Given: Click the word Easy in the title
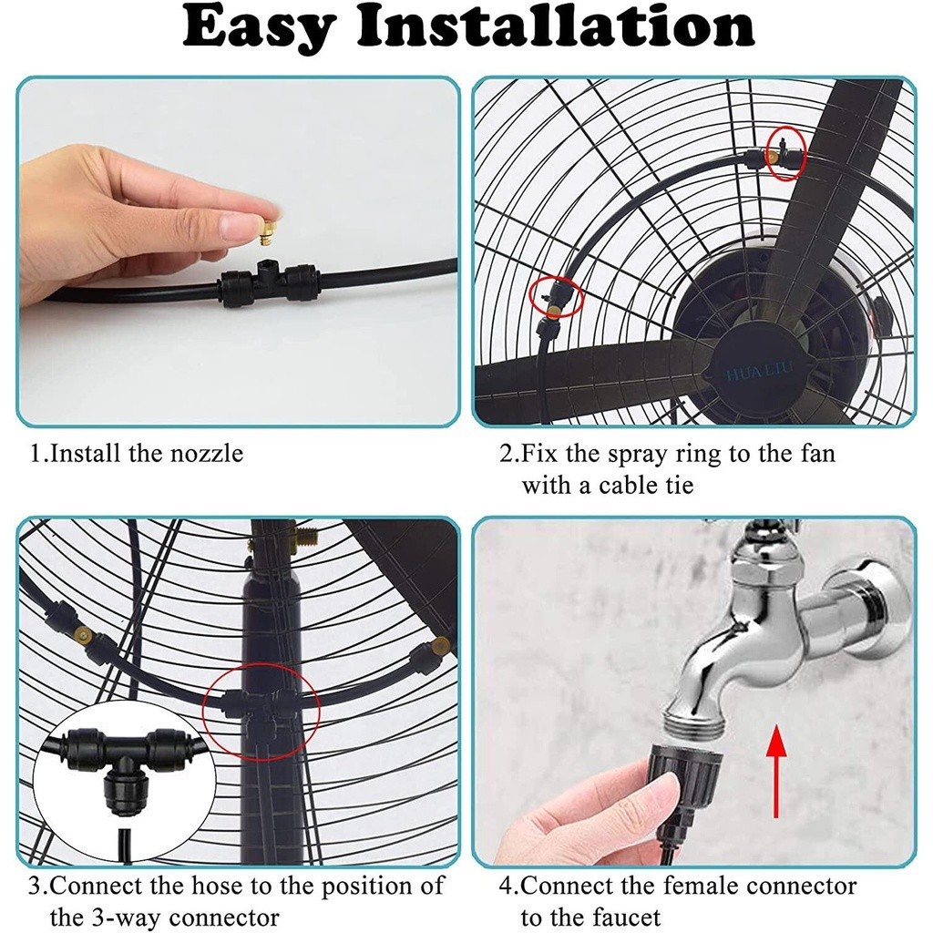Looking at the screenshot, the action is (257, 28).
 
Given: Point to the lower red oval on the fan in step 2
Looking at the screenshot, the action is (556, 296).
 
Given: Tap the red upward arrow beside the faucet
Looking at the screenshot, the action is (776, 770).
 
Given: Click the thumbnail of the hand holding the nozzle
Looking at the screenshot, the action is (238, 251).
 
